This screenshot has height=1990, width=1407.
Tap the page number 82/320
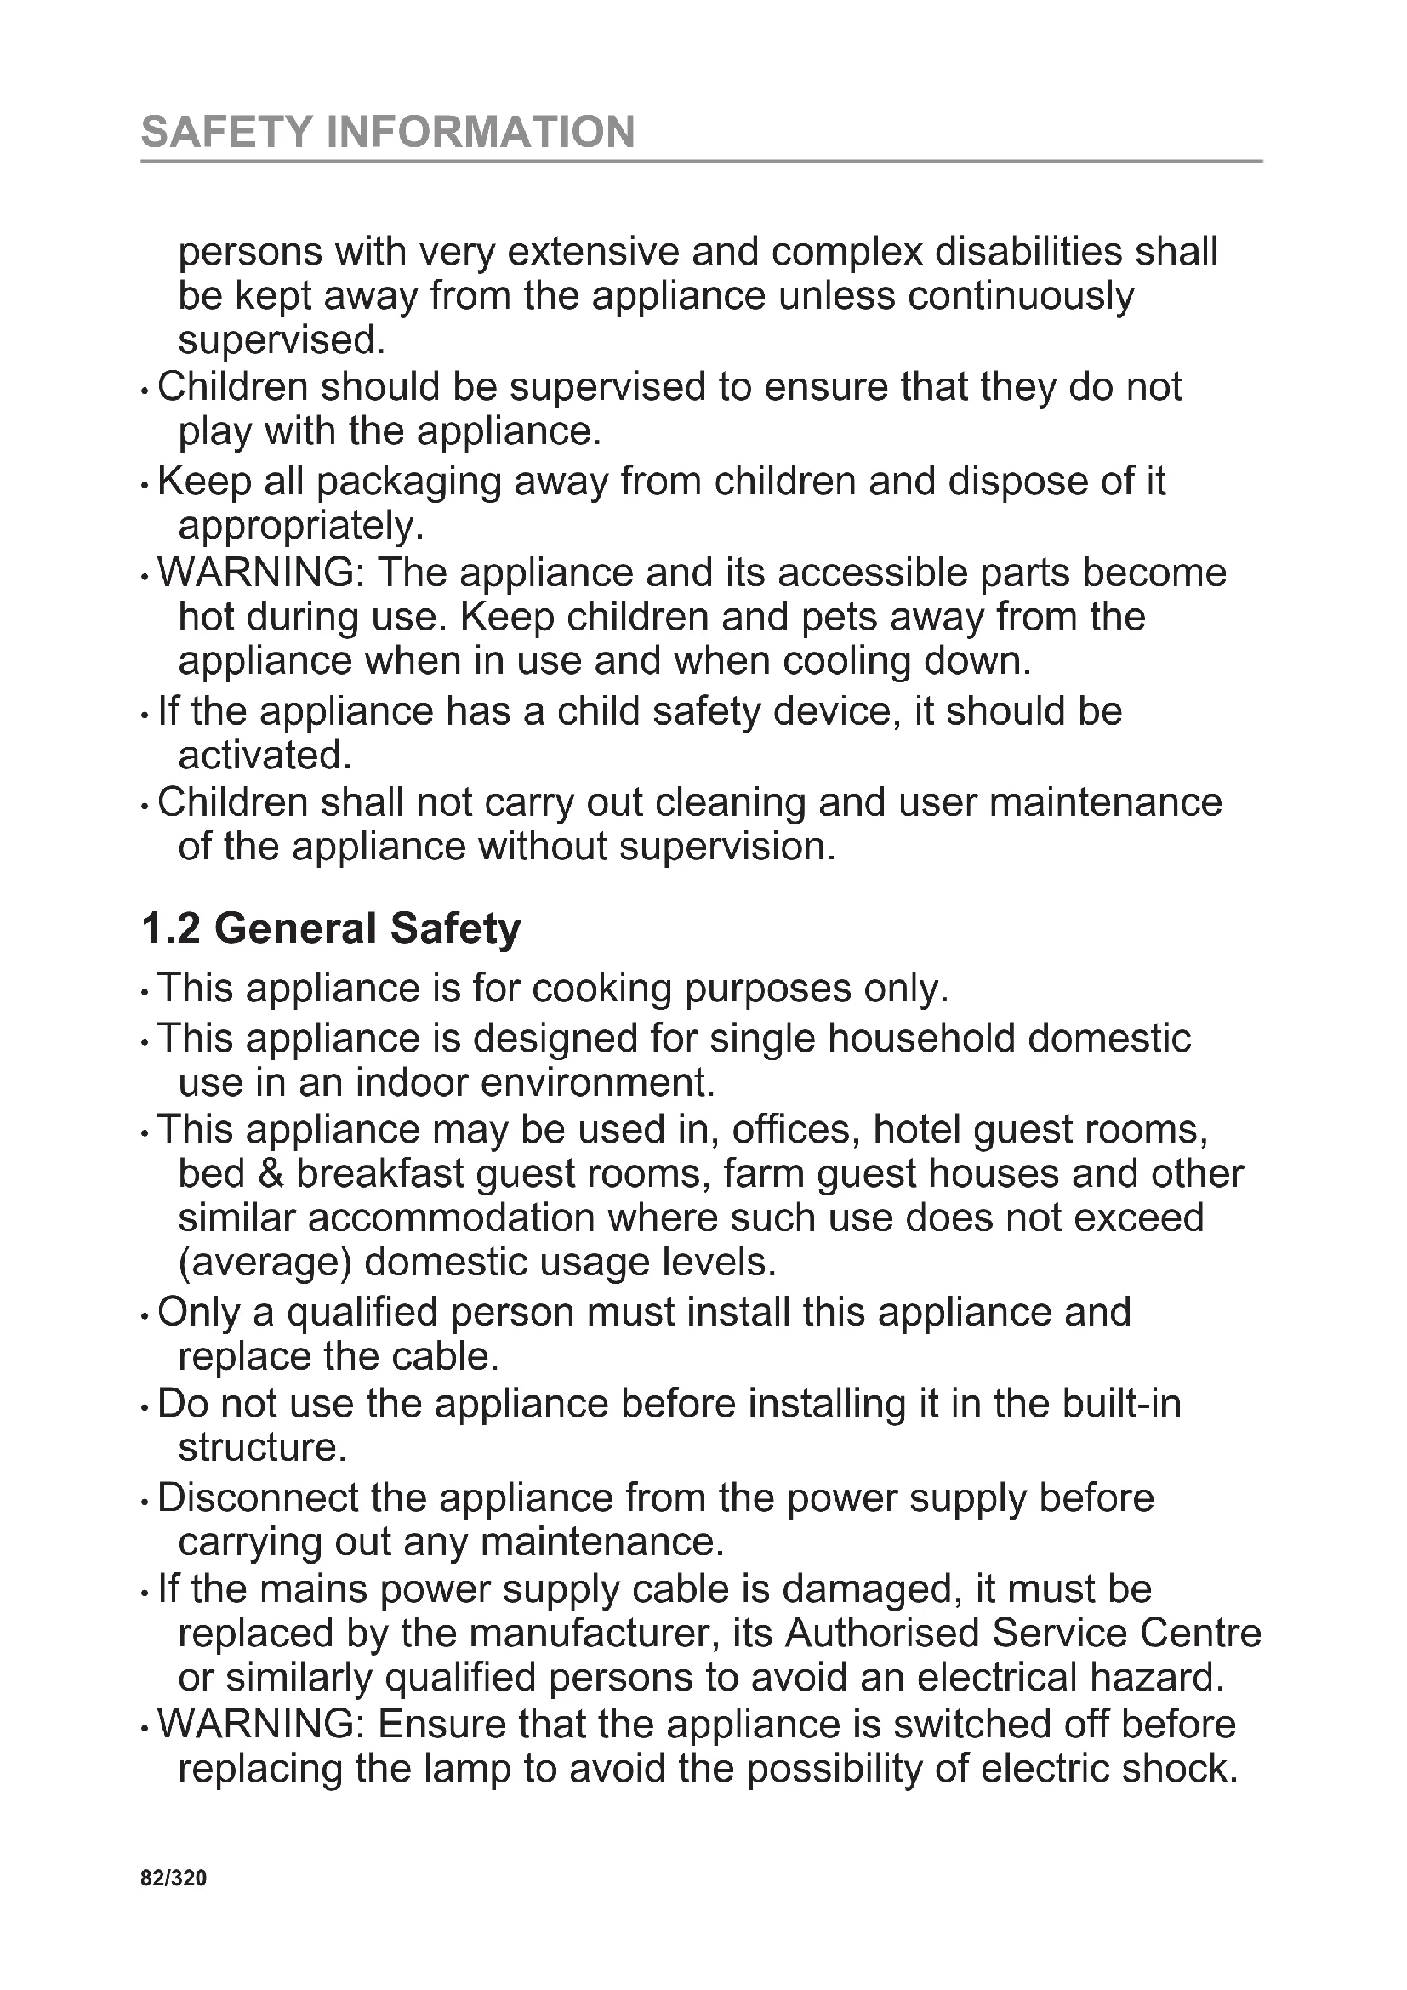click(x=174, y=1879)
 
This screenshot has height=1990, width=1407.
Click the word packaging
click(x=409, y=482)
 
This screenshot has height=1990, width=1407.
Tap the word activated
click(x=264, y=756)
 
